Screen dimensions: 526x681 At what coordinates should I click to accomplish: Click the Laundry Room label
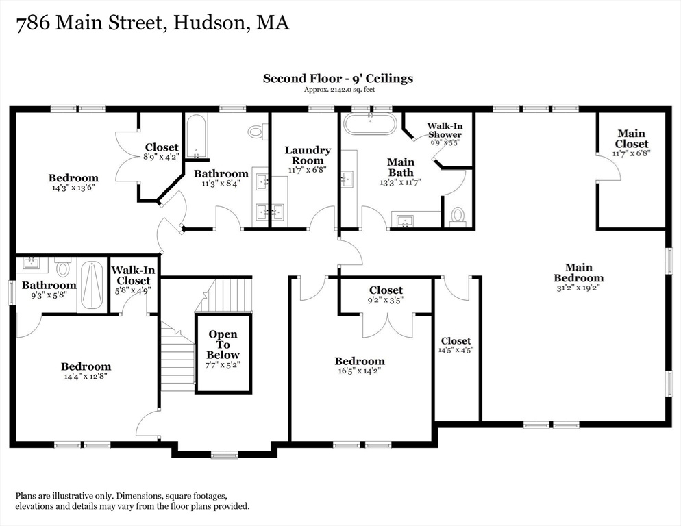coord(308,155)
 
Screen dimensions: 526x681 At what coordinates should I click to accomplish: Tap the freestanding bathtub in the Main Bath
coord(369,124)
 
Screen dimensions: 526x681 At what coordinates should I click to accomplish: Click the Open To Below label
coord(223,345)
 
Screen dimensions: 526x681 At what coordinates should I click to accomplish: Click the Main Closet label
coord(631,138)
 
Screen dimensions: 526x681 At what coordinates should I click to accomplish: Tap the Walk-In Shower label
coord(444,130)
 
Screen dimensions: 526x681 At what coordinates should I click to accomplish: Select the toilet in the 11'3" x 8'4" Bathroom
coord(256,131)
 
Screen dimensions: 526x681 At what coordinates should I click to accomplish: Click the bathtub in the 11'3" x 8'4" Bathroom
coord(196,135)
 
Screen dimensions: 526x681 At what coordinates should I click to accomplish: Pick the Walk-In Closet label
coord(134,275)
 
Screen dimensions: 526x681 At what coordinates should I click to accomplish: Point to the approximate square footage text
coord(339,90)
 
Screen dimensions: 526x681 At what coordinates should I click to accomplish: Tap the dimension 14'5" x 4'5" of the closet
coord(456,350)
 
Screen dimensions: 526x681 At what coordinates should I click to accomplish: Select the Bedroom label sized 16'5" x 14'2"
coord(360,361)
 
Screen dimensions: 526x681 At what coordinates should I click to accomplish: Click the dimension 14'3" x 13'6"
coord(73,188)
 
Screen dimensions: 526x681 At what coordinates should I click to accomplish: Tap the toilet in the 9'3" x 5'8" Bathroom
coord(63,268)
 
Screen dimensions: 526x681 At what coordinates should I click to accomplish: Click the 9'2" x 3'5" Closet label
coord(386,290)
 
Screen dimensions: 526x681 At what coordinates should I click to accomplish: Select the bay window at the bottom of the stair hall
coord(224,454)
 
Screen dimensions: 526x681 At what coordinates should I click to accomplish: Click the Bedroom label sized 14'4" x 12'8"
coord(86,366)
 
